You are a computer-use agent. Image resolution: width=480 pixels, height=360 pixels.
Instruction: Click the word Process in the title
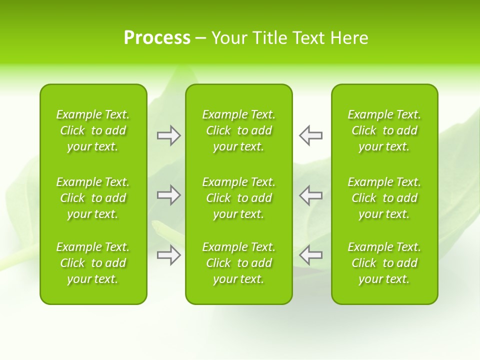157,38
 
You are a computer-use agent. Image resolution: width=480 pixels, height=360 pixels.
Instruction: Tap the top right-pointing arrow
168,135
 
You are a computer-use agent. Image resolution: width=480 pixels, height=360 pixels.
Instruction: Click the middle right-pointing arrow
168,195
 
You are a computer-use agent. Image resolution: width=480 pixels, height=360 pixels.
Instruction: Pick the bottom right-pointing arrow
168,255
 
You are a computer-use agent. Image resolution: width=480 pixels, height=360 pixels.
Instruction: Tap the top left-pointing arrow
311,135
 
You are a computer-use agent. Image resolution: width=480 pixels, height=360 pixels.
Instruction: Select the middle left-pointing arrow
311,195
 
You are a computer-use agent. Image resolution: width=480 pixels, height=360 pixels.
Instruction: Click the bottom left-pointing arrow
311,255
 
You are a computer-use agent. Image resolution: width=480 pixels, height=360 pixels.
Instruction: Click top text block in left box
93,130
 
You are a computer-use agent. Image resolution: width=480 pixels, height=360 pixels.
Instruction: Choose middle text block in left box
93,198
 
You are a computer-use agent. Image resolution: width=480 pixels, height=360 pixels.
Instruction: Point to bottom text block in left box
93,263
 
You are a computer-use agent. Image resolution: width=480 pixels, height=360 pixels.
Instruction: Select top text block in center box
239,130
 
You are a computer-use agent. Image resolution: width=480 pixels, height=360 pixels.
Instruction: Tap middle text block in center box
239,198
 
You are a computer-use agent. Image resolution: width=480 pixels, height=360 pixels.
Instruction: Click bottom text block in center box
239,263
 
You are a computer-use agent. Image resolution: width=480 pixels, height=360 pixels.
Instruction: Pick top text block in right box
384,130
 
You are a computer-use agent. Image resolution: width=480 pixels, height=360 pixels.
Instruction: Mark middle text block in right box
384,198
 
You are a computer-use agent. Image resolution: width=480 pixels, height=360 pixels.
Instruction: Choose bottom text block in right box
384,263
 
